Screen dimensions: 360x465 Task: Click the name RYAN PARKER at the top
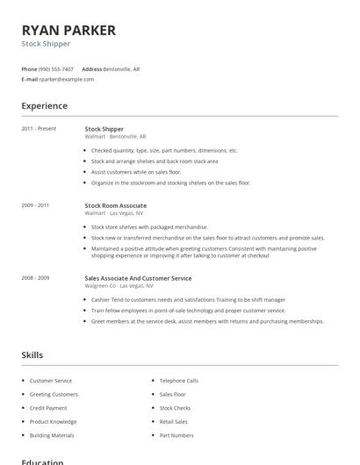(68, 30)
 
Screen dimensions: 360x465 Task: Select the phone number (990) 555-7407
(57, 68)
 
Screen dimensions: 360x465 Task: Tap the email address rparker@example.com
(66, 79)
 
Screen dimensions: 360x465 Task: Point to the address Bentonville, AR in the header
(122, 68)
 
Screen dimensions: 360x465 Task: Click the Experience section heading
(44, 106)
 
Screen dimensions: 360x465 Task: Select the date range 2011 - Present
(39, 129)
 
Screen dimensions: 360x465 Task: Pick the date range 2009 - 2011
(35, 204)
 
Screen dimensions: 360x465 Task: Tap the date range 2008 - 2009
(35, 278)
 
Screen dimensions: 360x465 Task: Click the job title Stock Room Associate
(116, 204)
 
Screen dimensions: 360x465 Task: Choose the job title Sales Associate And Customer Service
(138, 278)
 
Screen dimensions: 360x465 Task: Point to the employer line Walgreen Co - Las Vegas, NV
(119, 286)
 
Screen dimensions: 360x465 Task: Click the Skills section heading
(32, 355)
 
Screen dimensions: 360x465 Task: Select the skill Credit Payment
(48, 408)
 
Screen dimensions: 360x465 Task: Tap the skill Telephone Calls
(179, 381)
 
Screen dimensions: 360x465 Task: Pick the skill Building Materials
(52, 435)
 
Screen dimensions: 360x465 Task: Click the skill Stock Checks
(175, 408)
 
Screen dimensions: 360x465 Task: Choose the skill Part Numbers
(176, 435)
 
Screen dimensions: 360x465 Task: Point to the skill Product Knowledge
(53, 421)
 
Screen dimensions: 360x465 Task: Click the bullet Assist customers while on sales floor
(136, 172)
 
